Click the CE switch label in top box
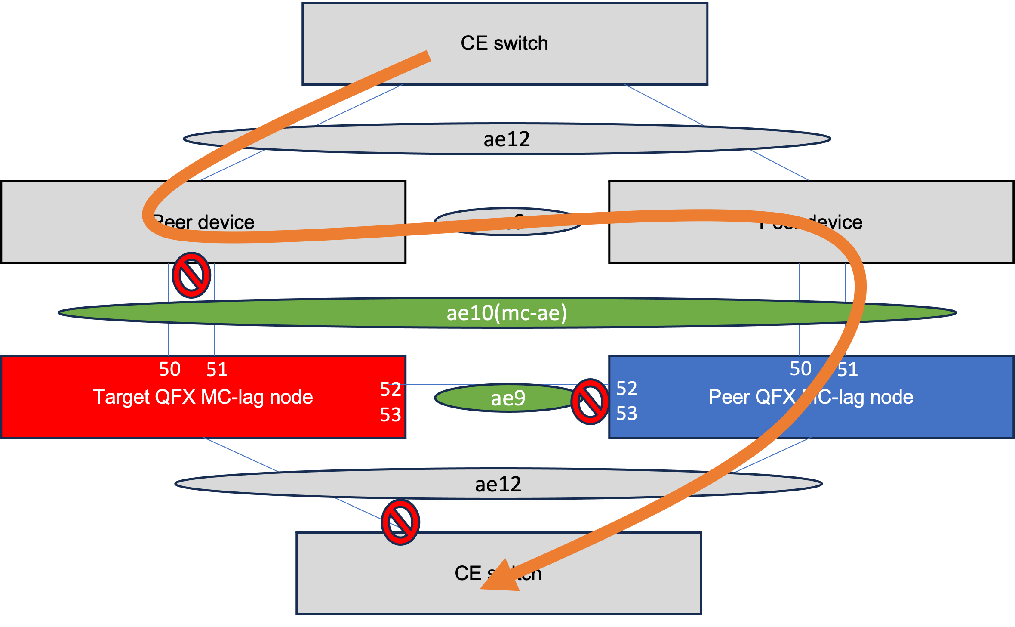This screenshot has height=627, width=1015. click(504, 43)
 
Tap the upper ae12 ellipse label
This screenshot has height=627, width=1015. click(507, 139)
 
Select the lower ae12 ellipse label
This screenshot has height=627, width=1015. click(498, 485)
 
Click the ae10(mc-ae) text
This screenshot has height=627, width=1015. click(507, 313)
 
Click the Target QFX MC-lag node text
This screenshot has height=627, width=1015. click(203, 397)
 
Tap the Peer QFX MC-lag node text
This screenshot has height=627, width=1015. click(811, 397)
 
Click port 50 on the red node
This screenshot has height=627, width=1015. click(169, 370)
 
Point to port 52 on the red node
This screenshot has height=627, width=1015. click(390, 389)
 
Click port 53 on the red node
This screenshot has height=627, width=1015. click(390, 415)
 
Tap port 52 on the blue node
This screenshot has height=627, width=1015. click(627, 389)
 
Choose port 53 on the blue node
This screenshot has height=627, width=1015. click(627, 414)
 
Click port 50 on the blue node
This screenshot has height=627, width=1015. click(800, 369)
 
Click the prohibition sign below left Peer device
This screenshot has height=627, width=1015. click(191, 275)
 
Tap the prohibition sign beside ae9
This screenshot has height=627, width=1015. click(590, 402)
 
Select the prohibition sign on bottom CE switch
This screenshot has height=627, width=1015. click(400, 522)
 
